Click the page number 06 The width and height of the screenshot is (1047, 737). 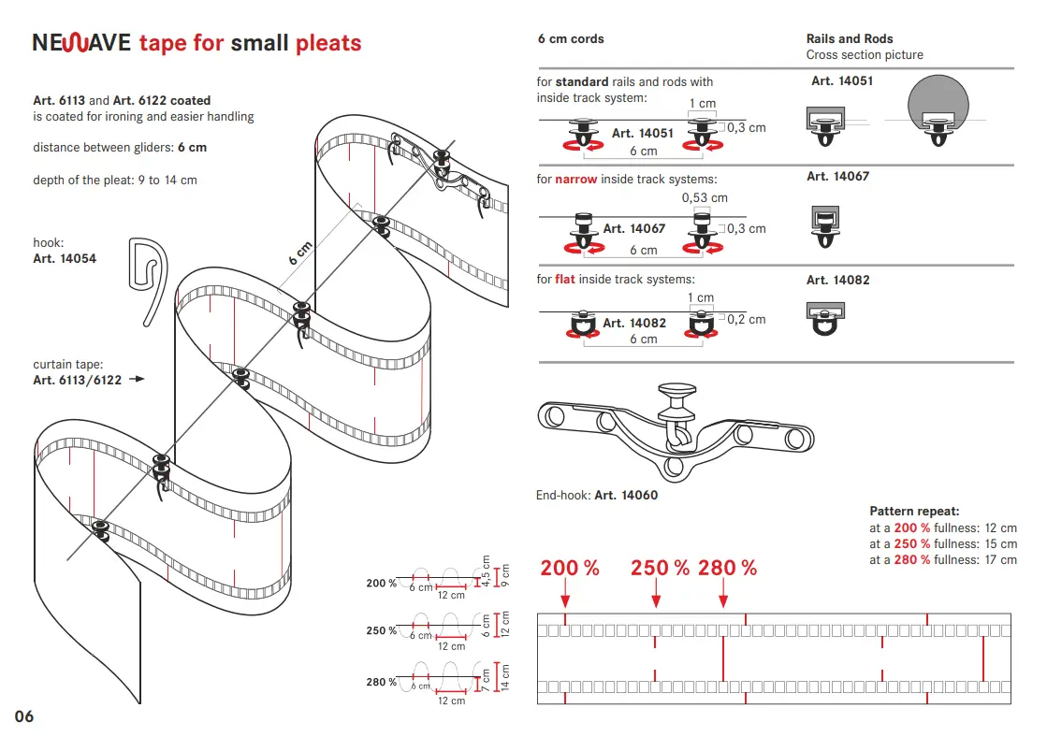click(24, 716)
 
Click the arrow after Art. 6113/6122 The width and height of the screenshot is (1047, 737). click(137, 380)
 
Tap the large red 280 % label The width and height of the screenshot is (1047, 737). click(727, 568)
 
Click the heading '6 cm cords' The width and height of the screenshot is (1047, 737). click(571, 39)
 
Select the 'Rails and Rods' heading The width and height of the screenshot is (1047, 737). click(850, 39)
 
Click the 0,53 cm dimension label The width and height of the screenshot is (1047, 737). click(705, 197)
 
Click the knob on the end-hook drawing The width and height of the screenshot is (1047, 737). click(680, 392)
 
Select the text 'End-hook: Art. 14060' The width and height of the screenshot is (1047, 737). click(597, 496)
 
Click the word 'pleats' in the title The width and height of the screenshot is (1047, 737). click(328, 43)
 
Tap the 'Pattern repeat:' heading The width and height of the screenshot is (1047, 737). click(914, 512)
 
